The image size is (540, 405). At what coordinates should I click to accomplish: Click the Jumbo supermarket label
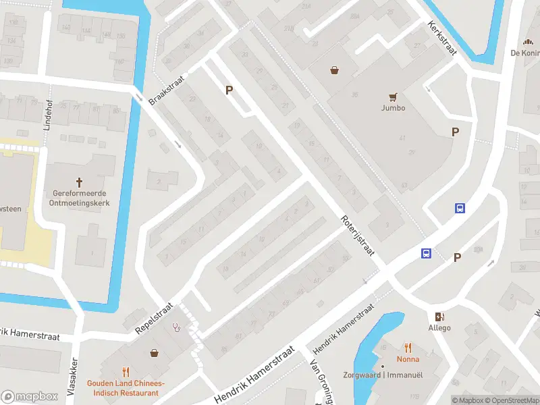coord(392,108)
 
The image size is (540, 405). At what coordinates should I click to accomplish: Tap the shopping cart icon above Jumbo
coord(392,97)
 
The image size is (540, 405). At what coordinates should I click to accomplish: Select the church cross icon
coord(80,182)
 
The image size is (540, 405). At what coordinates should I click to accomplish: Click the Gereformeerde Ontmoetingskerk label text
coord(80,197)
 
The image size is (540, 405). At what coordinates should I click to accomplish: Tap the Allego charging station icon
coord(439,317)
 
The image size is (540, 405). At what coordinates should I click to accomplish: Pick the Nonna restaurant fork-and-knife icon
coord(407,348)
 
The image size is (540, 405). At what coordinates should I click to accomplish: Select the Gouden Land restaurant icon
coord(126,371)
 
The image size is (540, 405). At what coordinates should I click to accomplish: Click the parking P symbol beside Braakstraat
coord(229,90)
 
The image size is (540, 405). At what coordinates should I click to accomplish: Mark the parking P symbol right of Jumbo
coord(456,132)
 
